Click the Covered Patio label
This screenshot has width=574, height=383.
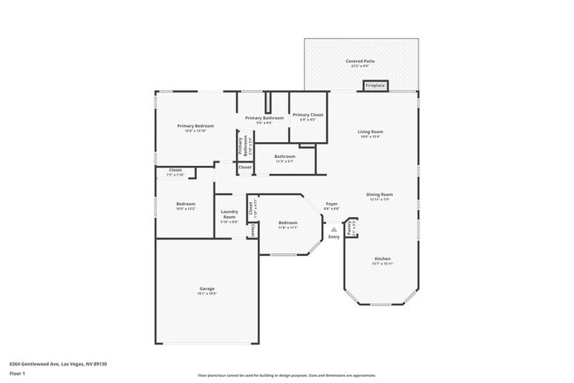point(359,61)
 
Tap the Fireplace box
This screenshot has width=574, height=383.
point(374,86)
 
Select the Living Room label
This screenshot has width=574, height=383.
point(369,131)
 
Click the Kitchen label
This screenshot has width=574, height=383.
point(381,260)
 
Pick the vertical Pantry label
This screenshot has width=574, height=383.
point(351,228)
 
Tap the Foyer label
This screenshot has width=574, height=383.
point(331,204)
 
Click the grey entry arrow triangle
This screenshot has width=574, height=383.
point(334,229)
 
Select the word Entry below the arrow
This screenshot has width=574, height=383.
point(334,237)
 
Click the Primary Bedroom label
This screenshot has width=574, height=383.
point(195,126)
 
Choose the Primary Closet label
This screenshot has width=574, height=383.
point(308,116)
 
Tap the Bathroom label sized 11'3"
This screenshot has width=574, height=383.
point(284,157)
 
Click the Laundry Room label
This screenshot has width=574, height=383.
point(229,214)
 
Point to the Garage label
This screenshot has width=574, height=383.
point(207,289)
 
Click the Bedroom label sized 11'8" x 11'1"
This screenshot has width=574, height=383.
point(288,223)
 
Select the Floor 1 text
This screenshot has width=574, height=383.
point(18,373)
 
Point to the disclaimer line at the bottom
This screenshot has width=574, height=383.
point(286,375)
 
